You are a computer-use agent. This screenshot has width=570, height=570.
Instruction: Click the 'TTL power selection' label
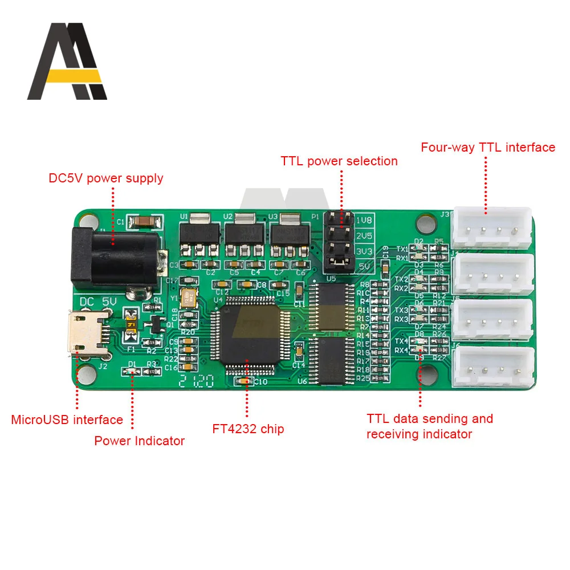click(339, 161)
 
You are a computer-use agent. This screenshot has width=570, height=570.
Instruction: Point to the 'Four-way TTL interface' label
click(488, 148)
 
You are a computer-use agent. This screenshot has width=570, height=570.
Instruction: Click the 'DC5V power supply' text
click(106, 178)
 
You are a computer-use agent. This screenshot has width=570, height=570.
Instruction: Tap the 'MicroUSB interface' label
click(67, 420)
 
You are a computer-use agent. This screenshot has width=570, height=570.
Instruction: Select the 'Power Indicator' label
click(140, 441)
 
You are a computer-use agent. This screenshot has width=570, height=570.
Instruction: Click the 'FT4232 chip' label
click(248, 429)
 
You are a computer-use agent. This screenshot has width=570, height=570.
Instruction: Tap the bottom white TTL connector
click(496, 367)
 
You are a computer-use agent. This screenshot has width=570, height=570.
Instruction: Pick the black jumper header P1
click(339, 241)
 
